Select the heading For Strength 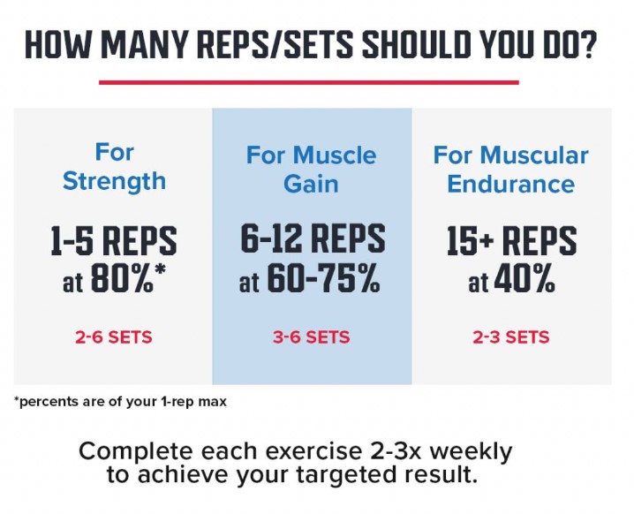pyautogui.click(x=115, y=166)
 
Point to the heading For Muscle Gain pyautogui.click(x=311, y=170)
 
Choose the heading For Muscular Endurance pyautogui.click(x=510, y=170)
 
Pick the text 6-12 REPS pyautogui.click(x=313, y=239)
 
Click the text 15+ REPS pyautogui.click(x=511, y=241)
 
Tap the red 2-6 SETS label pyautogui.click(x=115, y=337)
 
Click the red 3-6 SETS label pyautogui.click(x=313, y=337)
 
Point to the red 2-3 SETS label pyautogui.click(x=511, y=337)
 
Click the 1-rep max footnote pyautogui.click(x=121, y=403)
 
